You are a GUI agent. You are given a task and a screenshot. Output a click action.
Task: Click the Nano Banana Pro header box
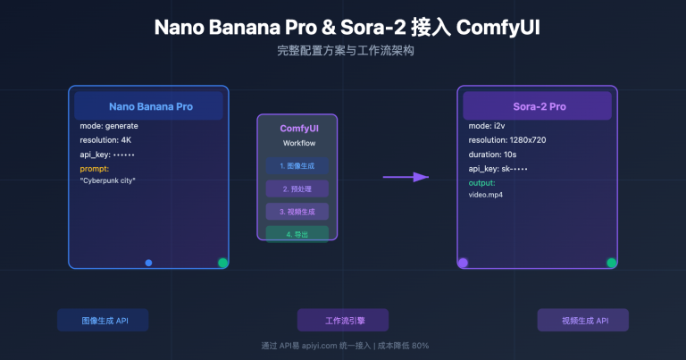148,105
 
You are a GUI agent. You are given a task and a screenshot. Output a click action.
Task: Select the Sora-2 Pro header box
537,105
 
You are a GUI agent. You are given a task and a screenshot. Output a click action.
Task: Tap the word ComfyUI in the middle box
297,129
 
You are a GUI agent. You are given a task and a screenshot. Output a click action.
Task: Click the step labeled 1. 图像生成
297,166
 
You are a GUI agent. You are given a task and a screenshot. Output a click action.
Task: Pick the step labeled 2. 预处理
297,189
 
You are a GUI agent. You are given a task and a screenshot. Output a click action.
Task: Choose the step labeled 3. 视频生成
297,212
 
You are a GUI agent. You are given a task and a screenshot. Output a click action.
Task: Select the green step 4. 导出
297,233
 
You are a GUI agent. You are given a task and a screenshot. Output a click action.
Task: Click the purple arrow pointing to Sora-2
406,177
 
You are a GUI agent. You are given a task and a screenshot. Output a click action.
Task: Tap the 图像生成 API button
103,320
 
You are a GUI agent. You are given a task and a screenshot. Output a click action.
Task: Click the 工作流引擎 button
343,320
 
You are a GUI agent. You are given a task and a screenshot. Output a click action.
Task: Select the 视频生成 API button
583,320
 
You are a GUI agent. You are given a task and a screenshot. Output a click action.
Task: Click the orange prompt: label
94,168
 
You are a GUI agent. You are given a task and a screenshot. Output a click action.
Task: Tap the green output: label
481,182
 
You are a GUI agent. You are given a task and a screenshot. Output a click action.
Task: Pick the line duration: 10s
493,155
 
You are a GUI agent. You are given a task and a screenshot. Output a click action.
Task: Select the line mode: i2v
486,126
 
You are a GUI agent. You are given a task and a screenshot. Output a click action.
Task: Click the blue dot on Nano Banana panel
148,263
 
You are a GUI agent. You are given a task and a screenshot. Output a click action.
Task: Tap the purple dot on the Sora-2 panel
463,263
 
